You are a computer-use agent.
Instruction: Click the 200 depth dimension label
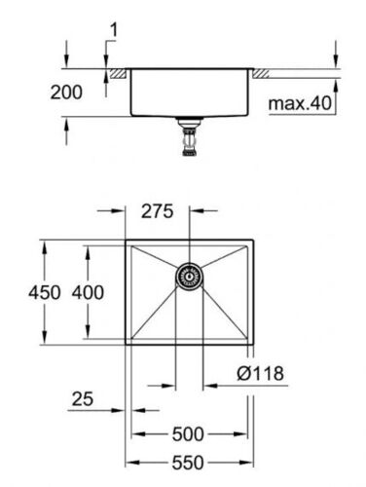pos(66,93)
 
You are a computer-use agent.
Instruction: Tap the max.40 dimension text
pos(300,103)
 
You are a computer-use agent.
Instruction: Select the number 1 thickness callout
pos(114,30)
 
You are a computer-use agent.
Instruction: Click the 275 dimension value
pos(158,211)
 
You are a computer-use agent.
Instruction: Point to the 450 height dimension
pos(45,292)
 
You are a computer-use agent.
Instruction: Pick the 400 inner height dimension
pos(88,292)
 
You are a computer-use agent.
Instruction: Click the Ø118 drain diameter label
pos(260,373)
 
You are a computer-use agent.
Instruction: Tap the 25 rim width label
pos(83,399)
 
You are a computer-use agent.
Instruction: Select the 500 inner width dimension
pos(188,434)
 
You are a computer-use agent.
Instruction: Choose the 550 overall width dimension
pos(188,463)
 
